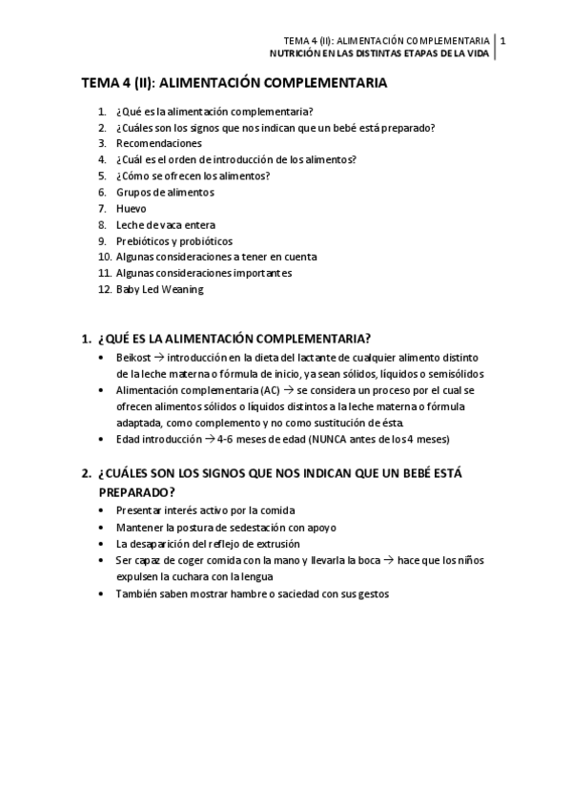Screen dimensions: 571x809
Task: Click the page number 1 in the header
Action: tap(502, 40)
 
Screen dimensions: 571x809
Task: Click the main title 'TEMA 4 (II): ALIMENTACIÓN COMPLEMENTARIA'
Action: tap(235, 83)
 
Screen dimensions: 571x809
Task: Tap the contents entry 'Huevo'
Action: tap(132, 208)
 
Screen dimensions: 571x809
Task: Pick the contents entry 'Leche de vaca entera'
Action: tap(166, 224)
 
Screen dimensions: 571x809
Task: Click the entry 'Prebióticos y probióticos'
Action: tap(173, 240)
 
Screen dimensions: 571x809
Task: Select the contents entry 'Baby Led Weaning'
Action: tap(159, 289)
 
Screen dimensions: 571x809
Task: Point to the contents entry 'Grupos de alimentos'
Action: tap(165, 192)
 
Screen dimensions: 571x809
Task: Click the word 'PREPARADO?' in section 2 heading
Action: tap(136, 492)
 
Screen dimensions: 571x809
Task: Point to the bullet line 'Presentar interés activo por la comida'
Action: tap(205, 510)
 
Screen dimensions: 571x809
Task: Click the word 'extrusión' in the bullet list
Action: tap(291, 543)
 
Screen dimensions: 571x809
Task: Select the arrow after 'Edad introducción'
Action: tap(209, 439)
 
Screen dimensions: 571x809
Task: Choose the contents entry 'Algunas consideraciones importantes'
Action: tap(203, 273)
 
